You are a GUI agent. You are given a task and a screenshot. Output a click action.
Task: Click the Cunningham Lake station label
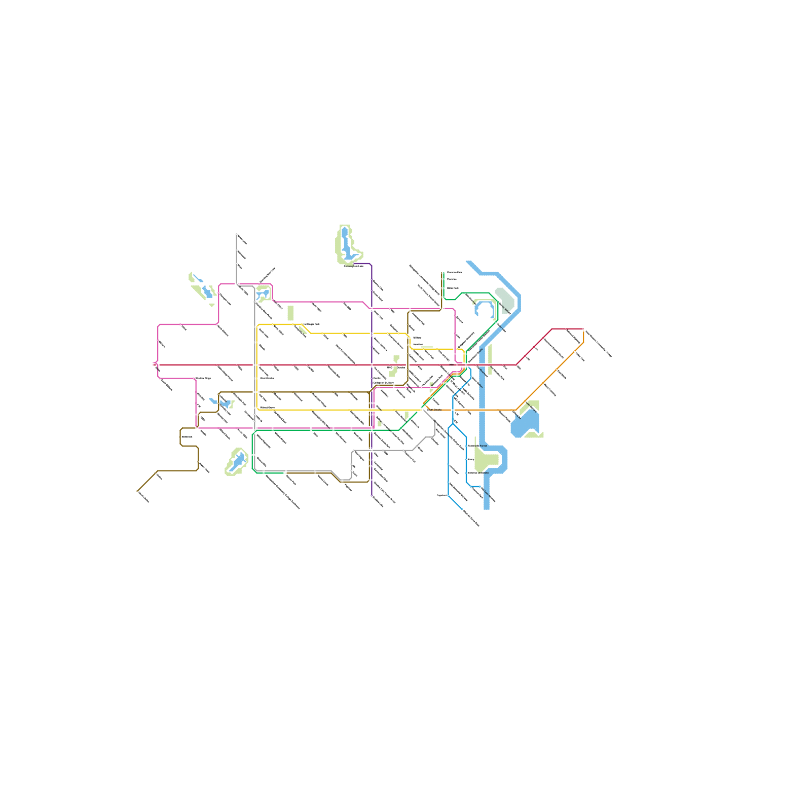point(353,266)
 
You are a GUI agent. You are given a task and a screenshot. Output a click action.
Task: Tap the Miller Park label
point(453,288)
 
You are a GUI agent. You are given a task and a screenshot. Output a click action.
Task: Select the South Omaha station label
point(434,410)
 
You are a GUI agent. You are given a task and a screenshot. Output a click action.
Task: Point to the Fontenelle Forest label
point(477,446)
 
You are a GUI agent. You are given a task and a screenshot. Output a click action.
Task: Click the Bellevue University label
point(478,473)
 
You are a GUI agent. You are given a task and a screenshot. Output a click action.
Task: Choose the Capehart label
point(441,495)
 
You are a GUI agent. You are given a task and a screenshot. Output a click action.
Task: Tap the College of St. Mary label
point(383,383)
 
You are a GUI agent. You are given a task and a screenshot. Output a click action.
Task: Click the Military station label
point(417,338)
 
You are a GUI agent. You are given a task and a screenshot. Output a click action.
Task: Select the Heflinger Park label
point(312,324)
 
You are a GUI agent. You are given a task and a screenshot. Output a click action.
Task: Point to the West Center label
point(267,378)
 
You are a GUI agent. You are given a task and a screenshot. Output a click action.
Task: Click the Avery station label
point(471,459)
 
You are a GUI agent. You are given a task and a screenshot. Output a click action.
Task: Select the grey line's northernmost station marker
point(237,235)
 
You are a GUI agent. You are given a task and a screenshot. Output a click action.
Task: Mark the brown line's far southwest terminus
point(137,491)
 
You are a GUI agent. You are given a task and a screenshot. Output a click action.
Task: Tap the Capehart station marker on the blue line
point(448,495)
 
